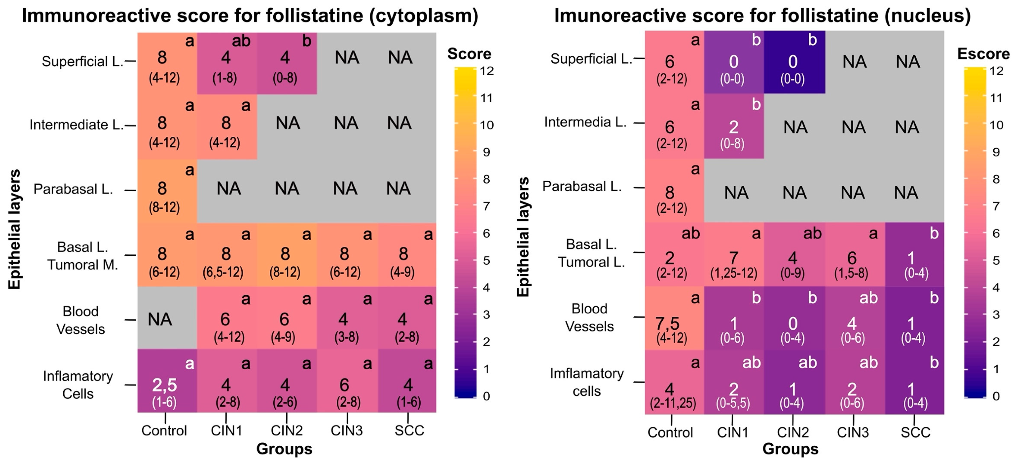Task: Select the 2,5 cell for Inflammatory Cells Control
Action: (165, 385)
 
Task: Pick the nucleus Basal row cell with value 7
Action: (733, 258)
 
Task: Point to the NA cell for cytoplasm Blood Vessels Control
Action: (160, 319)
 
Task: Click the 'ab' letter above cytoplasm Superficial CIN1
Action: (241, 41)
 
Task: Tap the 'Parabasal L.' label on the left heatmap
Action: (73, 189)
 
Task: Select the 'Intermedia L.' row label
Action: (585, 122)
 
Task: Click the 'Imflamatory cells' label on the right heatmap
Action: (587, 382)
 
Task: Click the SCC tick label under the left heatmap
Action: (409, 431)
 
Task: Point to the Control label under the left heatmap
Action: (164, 431)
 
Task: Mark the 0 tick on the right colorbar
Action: (996, 396)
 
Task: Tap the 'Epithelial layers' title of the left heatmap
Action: (14, 229)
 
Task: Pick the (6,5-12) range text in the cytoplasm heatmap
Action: (223, 272)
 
